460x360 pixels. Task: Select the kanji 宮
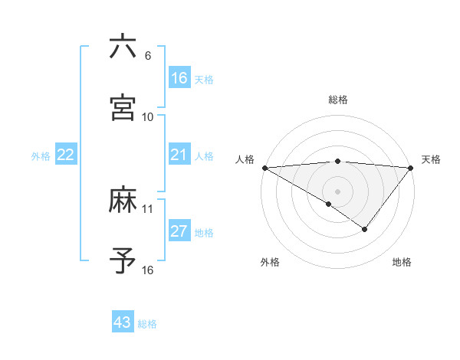click(x=123, y=107)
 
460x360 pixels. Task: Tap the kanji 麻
click(x=123, y=201)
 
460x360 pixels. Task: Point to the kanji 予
click(x=123, y=261)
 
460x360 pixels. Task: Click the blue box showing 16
click(x=179, y=78)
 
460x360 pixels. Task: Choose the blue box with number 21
click(x=179, y=155)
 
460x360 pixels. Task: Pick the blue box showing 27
click(x=179, y=231)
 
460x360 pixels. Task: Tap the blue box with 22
click(x=66, y=155)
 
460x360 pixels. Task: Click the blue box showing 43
click(x=123, y=322)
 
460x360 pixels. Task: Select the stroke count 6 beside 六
click(x=148, y=56)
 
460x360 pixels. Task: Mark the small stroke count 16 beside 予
click(x=148, y=270)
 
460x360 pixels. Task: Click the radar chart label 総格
click(x=338, y=100)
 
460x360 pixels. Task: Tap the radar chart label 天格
click(x=431, y=159)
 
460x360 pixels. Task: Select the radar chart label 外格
click(x=270, y=263)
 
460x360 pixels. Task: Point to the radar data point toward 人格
click(x=264, y=168)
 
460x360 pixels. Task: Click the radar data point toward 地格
click(x=365, y=229)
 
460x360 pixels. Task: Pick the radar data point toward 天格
click(x=411, y=168)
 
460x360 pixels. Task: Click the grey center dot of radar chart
click(x=338, y=191)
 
